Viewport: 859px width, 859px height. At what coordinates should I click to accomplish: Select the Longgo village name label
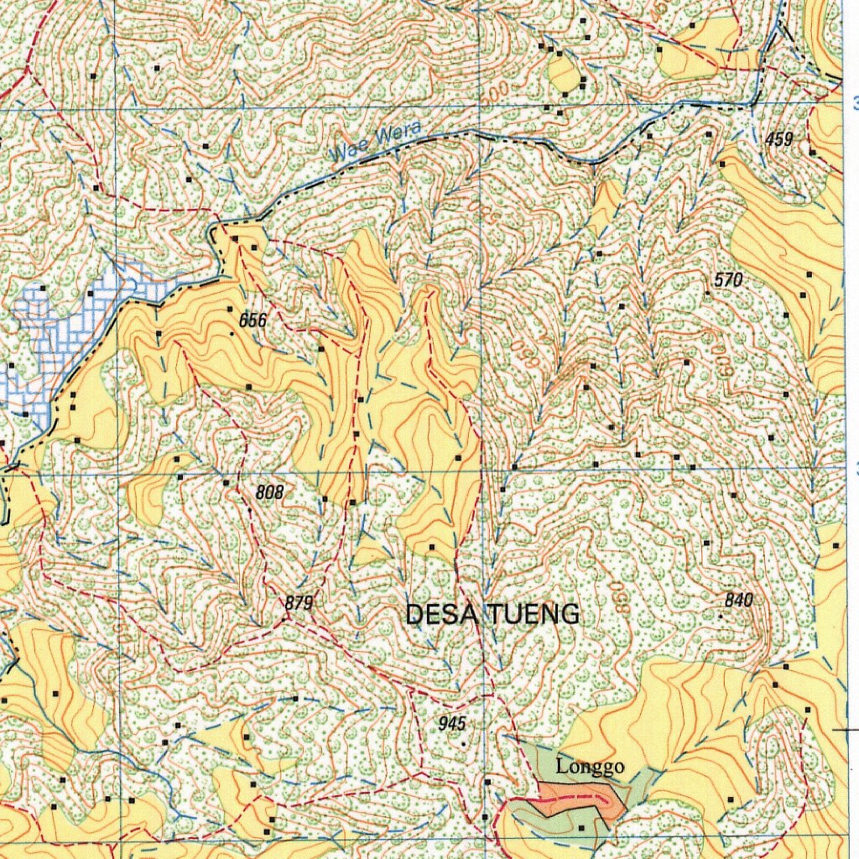(590, 767)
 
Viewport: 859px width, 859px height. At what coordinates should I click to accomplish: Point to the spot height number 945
(451, 723)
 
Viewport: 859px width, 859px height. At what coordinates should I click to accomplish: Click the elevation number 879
(299, 602)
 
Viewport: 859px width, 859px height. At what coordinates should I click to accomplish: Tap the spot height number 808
(269, 492)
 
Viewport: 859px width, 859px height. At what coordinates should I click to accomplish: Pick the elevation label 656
(252, 320)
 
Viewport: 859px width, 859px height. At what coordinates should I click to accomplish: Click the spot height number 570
(728, 280)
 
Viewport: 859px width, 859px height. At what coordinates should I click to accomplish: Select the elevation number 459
(778, 140)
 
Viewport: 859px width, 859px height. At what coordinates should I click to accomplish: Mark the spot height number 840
(738, 600)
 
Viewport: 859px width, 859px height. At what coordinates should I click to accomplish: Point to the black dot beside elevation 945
(463, 742)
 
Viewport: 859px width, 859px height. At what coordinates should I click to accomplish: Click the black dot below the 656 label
(232, 334)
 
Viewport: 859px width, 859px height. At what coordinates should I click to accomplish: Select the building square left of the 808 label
(226, 483)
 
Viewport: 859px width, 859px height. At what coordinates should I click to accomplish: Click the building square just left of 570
(708, 294)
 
